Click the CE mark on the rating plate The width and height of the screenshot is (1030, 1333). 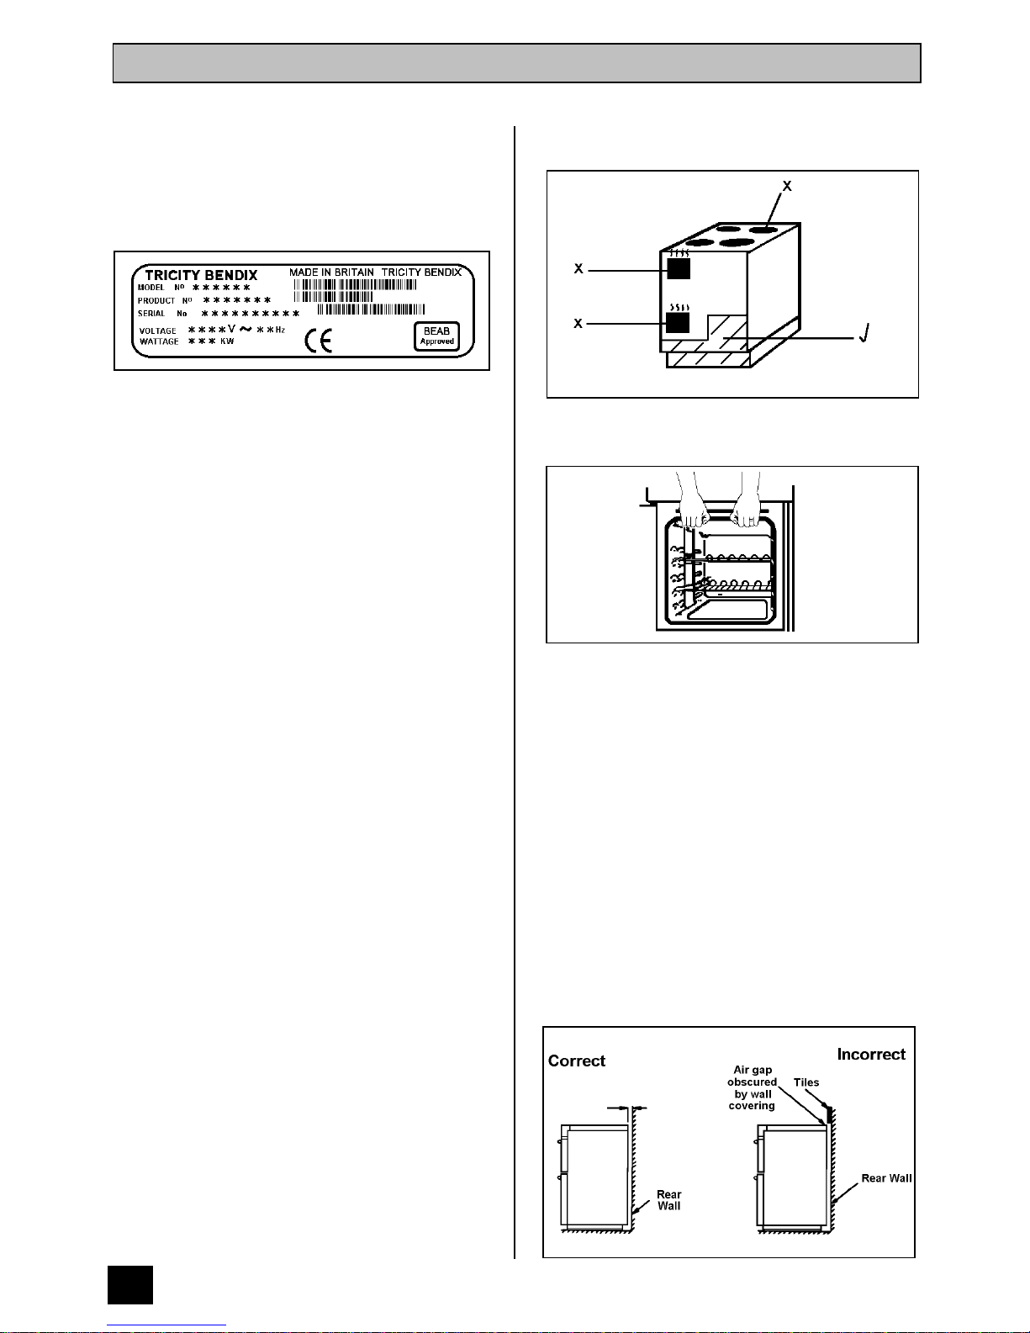[x=318, y=341]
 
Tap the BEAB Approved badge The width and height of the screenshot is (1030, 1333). [x=436, y=336]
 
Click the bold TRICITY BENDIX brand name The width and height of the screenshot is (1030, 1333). [x=201, y=275]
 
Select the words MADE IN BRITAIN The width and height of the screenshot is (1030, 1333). [x=331, y=272]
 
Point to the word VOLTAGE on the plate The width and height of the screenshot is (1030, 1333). [x=157, y=331]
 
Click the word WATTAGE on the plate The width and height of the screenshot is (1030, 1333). [x=159, y=341]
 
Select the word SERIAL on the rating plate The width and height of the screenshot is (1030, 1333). [x=151, y=314]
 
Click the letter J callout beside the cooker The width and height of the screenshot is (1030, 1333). [x=864, y=333]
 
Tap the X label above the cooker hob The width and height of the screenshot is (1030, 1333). [x=787, y=186]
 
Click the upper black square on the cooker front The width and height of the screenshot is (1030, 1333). [x=679, y=268]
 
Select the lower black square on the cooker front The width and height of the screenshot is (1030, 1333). [x=678, y=323]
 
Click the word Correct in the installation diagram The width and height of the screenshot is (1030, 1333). [x=576, y=1061]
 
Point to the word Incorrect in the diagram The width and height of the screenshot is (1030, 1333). [x=871, y=1054]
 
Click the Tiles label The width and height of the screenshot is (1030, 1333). [x=806, y=1082]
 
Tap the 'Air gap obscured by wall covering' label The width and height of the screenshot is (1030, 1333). [x=753, y=1087]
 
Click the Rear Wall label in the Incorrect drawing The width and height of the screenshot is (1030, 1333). [x=886, y=1177]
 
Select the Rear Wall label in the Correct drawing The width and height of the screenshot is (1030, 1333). [x=669, y=1200]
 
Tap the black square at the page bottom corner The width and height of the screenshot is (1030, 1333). [x=130, y=1284]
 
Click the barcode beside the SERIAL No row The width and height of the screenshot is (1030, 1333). [x=371, y=309]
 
